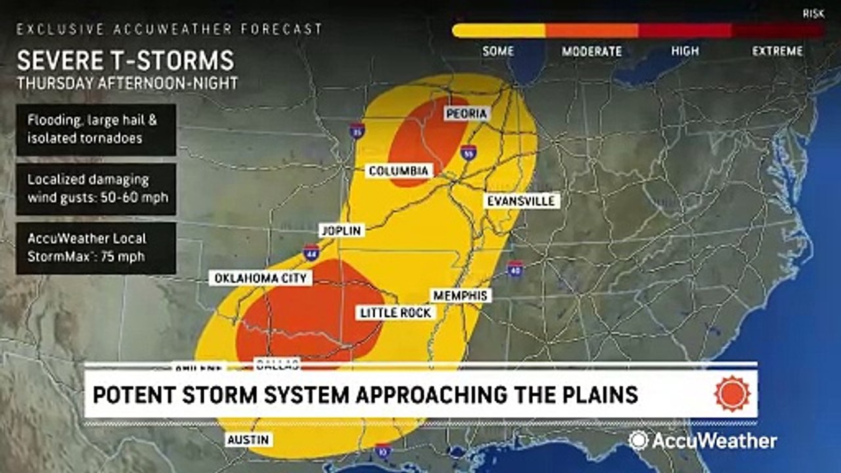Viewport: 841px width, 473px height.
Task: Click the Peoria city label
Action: pos(466,114)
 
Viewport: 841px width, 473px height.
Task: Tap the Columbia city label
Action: pos(399,171)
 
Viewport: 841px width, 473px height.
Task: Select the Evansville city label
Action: pos(522,201)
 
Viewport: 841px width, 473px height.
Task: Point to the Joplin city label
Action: pos(341,231)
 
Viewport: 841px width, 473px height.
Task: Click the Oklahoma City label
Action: pos(261,279)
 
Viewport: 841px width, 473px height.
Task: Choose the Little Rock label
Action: pos(396,313)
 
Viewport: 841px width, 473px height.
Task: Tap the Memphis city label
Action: pos(460,296)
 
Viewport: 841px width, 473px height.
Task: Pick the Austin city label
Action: pos(248,439)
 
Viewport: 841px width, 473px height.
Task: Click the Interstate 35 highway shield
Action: pos(357,130)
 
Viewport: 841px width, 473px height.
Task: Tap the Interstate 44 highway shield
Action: pos(311,252)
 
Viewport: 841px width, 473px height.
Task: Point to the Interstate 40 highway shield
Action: pos(515,269)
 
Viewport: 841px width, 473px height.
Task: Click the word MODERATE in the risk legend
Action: pos(591,51)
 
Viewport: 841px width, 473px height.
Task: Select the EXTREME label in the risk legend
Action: pos(778,51)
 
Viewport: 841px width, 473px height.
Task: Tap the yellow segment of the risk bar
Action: pos(499,30)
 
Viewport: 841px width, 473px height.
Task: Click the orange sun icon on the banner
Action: pos(732,394)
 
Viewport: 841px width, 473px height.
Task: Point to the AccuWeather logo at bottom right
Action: pos(702,440)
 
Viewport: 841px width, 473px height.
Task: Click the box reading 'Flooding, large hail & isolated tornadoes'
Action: pos(96,129)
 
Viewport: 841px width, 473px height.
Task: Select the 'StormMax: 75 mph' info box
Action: pos(96,248)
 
